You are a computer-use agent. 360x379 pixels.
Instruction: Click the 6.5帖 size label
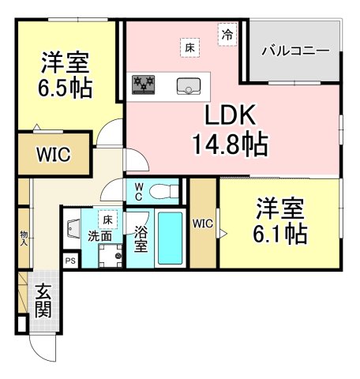coord(66,86)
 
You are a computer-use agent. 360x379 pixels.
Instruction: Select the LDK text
coord(231,116)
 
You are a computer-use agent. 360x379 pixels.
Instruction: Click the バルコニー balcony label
coord(294,51)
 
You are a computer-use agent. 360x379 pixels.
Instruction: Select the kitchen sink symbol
coord(189,84)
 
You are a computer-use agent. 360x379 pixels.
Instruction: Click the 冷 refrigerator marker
coord(227,34)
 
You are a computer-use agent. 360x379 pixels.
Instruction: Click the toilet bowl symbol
coord(163,190)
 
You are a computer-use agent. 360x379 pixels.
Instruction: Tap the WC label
coord(137,191)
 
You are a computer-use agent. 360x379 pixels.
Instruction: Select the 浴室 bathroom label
coord(141,240)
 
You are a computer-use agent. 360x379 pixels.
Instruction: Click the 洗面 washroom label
coord(99,235)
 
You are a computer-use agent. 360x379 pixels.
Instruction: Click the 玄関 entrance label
coord(43,299)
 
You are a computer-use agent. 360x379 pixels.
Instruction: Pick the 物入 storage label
coord(24,237)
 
